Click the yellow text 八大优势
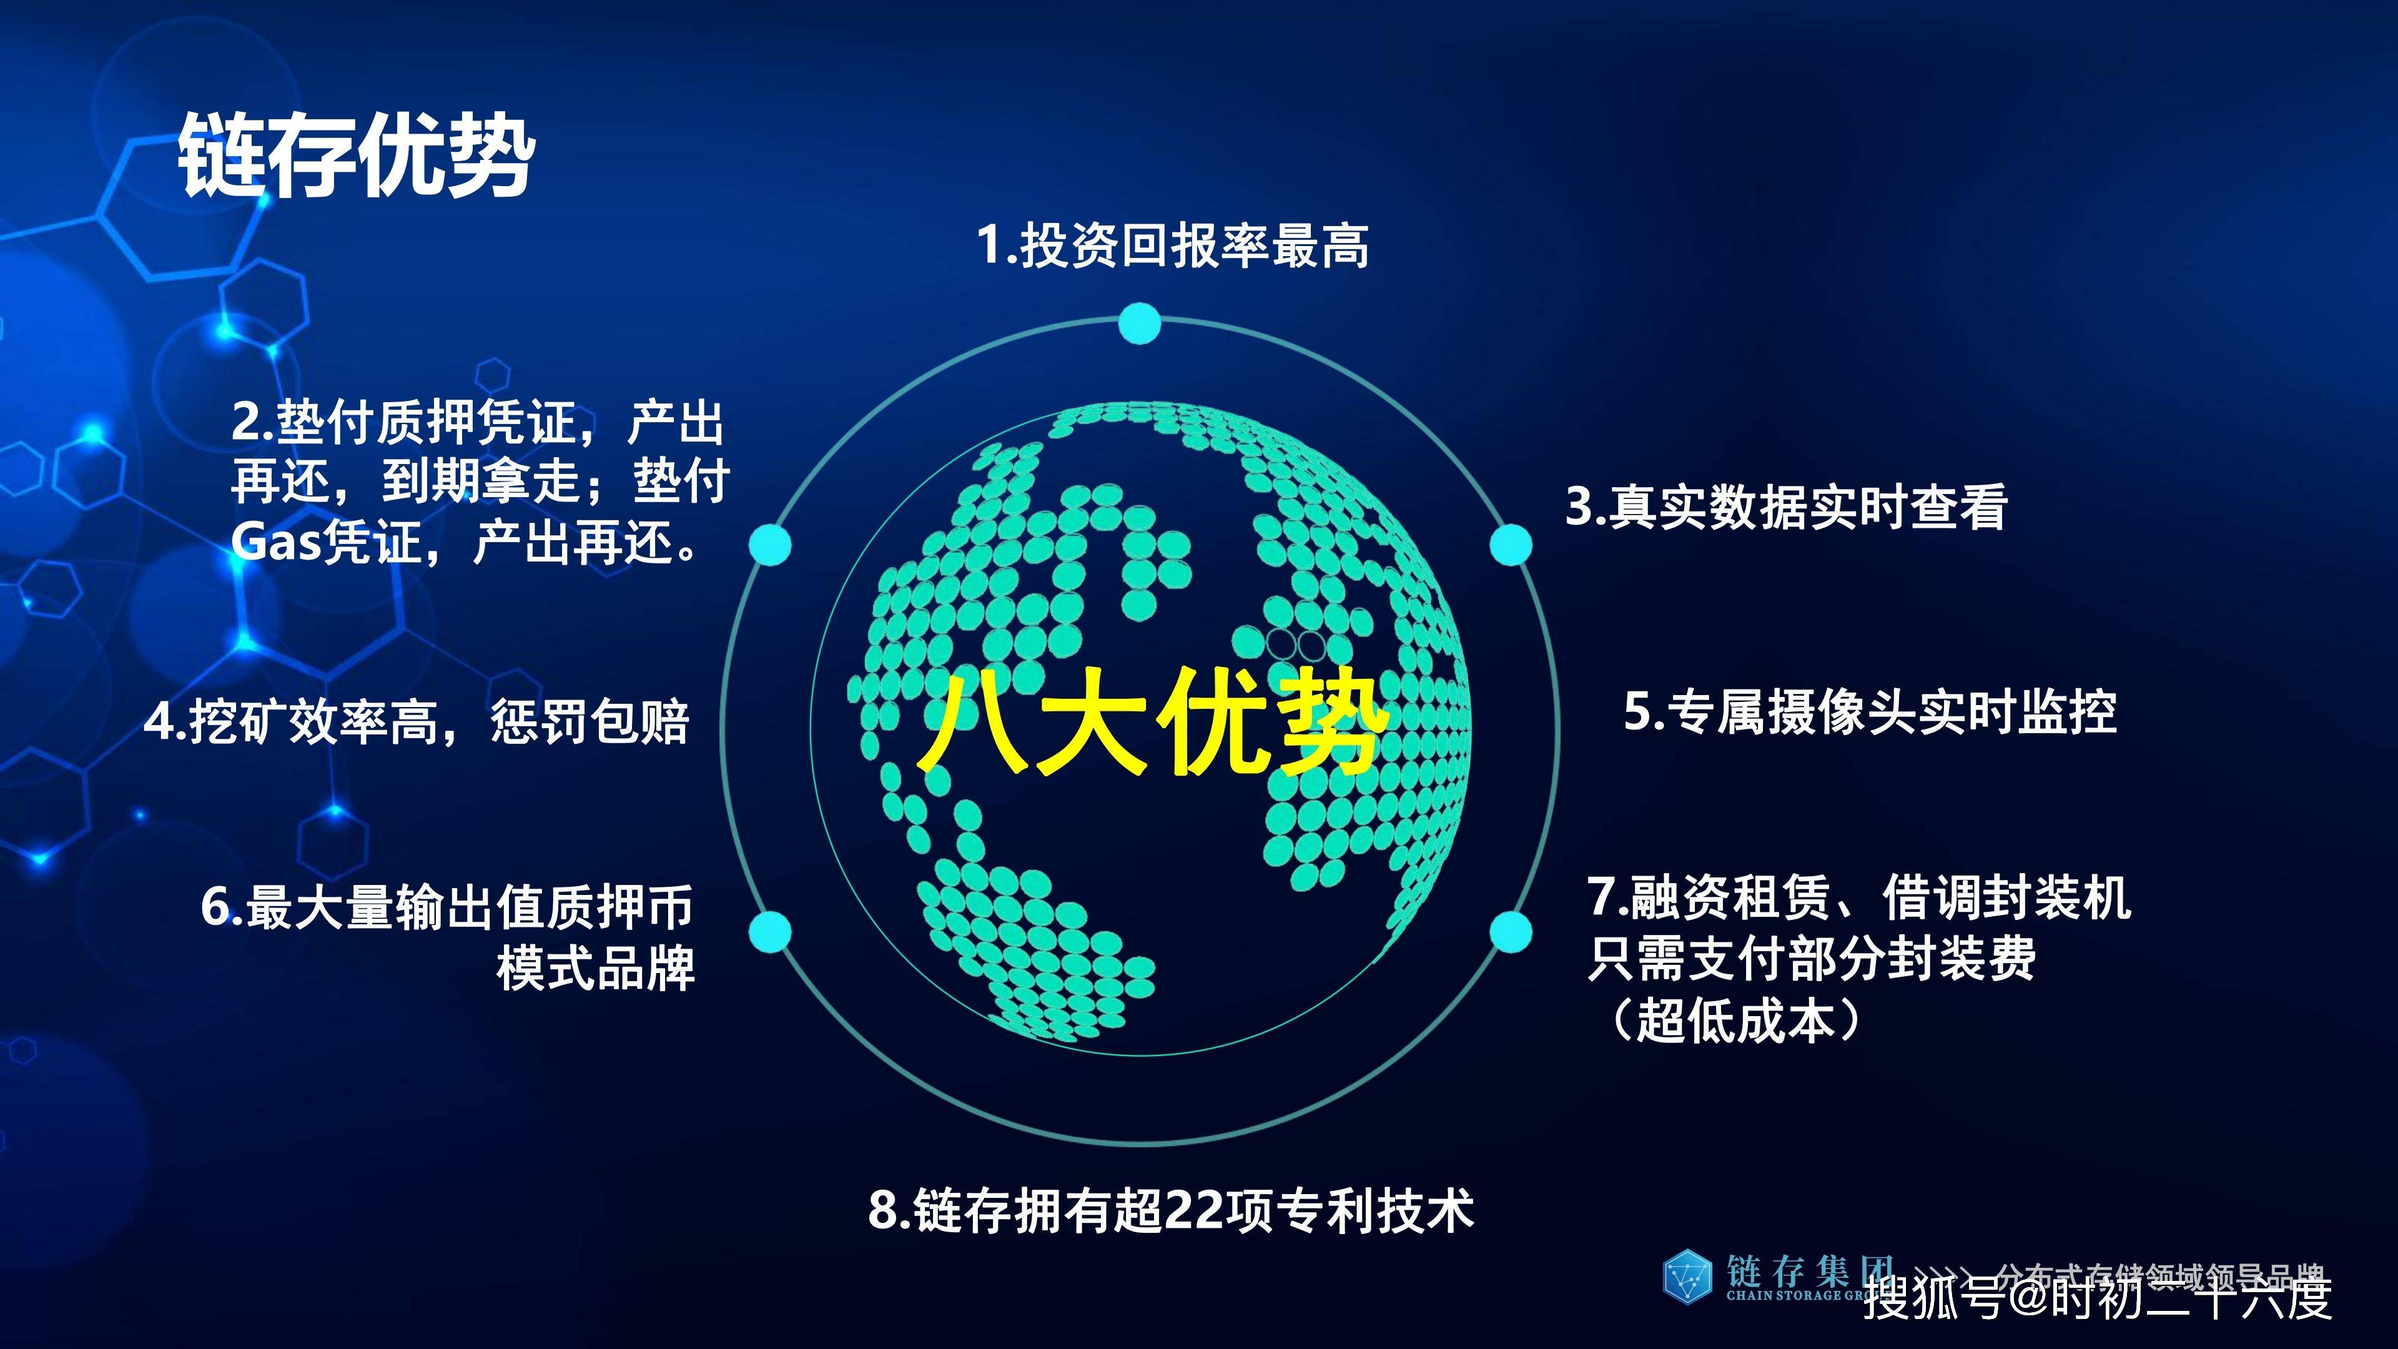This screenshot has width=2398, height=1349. (x=1152, y=723)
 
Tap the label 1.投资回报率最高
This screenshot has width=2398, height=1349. (x=1172, y=246)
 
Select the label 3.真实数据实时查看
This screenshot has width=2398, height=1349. (x=1785, y=507)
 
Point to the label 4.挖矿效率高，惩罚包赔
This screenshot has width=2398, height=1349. (x=417, y=721)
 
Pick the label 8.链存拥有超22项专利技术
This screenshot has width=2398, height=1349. (x=1171, y=1211)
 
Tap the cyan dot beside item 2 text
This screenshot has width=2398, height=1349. (x=770, y=545)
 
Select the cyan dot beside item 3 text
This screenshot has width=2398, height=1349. (x=1510, y=545)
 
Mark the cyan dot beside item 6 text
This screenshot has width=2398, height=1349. (x=770, y=932)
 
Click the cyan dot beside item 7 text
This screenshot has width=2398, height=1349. (x=1510, y=932)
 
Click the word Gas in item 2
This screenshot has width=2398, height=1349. (x=275, y=542)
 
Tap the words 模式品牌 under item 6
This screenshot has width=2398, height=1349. (x=596, y=968)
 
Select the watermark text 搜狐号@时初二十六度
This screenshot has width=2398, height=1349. (x=2098, y=1297)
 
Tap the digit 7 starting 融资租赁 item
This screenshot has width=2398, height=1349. (x=1603, y=897)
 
